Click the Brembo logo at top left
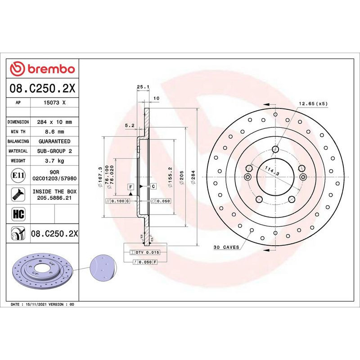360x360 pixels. point(42,69)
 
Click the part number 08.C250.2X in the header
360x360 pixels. point(42,89)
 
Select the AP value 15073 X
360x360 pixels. point(54,103)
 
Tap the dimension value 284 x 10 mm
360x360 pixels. point(54,122)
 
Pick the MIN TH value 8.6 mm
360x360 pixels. point(54,132)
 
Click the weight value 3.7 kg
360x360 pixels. point(54,161)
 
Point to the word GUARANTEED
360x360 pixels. point(54,141)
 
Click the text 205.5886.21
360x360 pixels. point(54,198)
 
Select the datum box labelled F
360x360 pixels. point(130,186)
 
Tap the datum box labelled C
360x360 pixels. point(153,186)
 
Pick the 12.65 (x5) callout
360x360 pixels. point(314,103)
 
